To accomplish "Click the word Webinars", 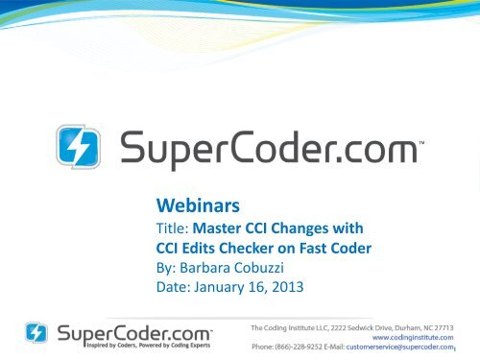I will pos(195,204).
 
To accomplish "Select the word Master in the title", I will pos(218,228).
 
